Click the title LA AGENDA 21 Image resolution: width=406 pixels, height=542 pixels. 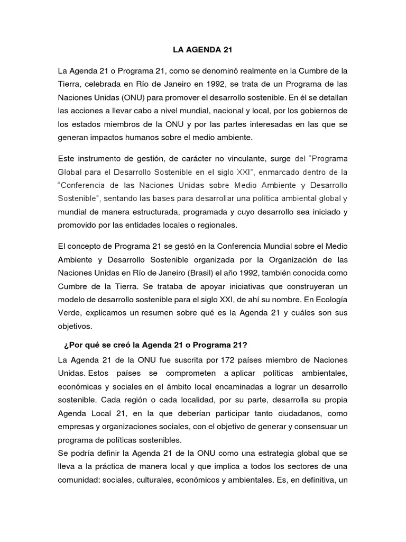pos(202,51)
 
